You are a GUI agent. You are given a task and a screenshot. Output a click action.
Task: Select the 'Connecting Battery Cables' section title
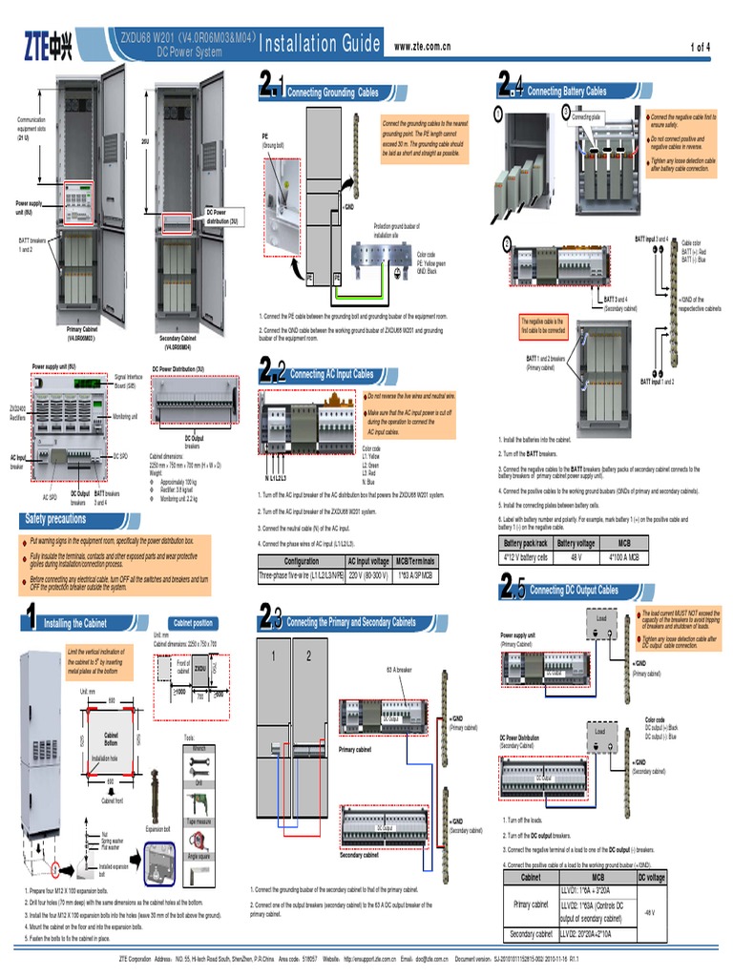click(567, 92)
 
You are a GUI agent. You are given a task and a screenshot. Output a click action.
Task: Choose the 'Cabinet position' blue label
click(192, 623)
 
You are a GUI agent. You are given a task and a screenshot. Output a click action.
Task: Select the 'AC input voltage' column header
click(367, 561)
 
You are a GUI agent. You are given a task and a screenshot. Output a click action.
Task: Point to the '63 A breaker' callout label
click(399, 670)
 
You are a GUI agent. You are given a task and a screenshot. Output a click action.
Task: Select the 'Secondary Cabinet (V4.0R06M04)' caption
click(177, 343)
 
